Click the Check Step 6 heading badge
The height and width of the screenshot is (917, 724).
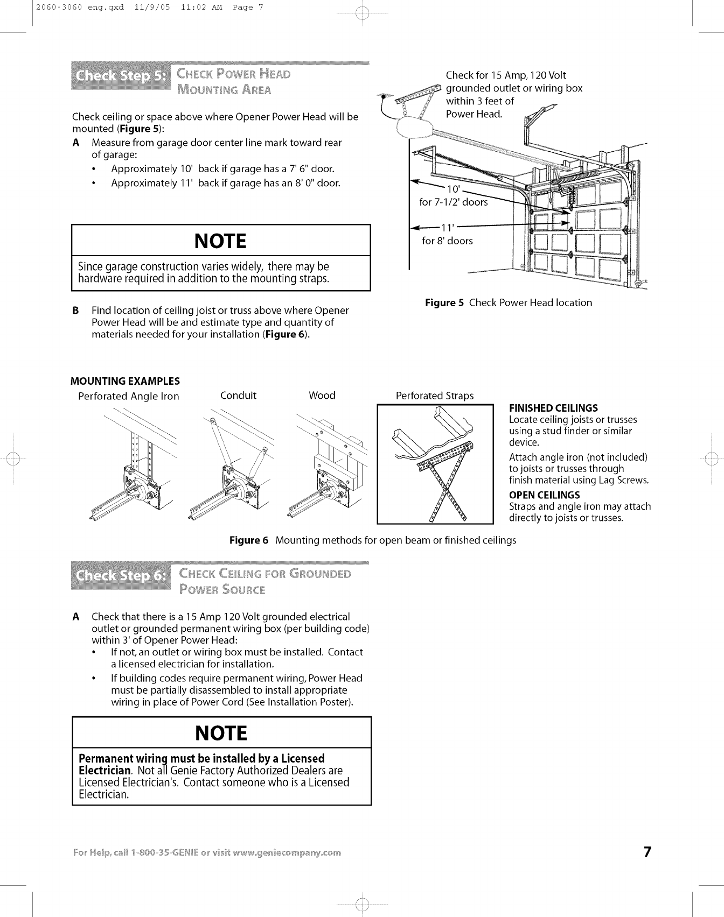tap(121, 576)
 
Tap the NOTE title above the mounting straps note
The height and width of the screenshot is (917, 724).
tap(221, 241)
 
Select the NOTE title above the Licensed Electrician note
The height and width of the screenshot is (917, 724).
tap(221, 733)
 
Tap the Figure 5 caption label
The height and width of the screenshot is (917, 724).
tap(444, 303)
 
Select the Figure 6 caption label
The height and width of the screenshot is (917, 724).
tap(248, 540)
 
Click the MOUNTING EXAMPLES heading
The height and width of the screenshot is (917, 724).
tap(125, 381)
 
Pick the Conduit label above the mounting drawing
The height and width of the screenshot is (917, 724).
tap(239, 396)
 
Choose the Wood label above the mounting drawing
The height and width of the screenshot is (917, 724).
tap(322, 396)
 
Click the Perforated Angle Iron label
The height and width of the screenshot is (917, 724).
tap(129, 397)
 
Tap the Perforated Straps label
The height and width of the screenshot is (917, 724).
tap(435, 396)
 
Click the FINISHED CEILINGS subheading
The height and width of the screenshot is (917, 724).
tap(553, 408)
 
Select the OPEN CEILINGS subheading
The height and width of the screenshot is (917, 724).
tap(544, 495)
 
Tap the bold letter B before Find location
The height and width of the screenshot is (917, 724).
tap(76, 311)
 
